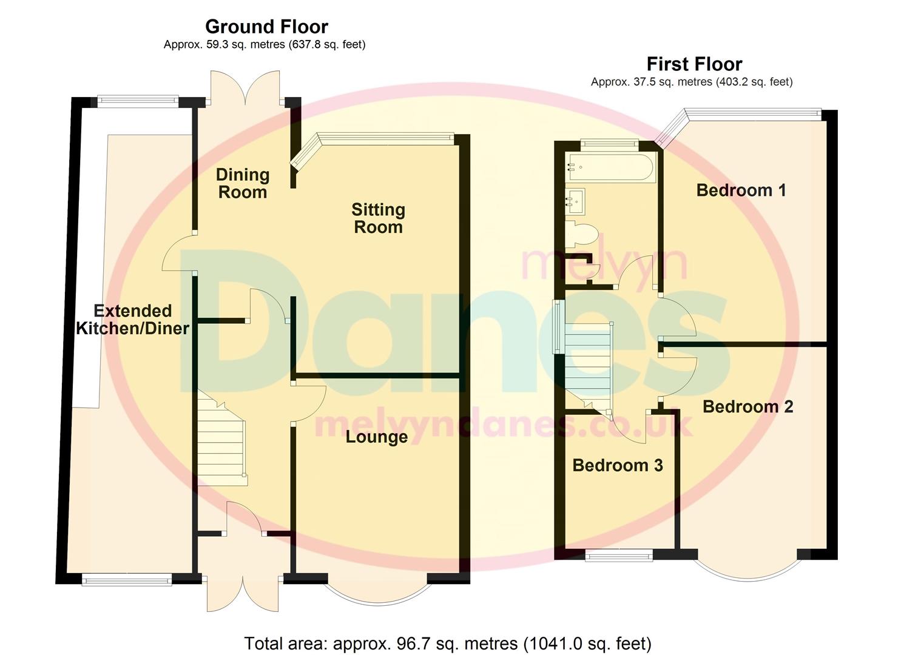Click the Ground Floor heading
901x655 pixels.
(266, 27)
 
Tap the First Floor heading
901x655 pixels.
(694, 64)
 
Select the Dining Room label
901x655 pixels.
(242, 183)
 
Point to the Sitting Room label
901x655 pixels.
(378, 218)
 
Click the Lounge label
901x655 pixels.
(376, 437)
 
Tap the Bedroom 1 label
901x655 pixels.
(741, 190)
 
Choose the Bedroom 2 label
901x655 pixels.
(747, 406)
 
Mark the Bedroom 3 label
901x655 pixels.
(617, 465)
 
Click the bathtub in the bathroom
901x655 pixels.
(610, 167)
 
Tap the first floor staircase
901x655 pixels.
(587, 364)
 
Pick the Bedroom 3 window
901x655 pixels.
(619, 554)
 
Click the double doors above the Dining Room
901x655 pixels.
(245, 88)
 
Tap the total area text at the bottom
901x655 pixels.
(447, 643)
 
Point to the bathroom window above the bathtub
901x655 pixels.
(609, 143)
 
